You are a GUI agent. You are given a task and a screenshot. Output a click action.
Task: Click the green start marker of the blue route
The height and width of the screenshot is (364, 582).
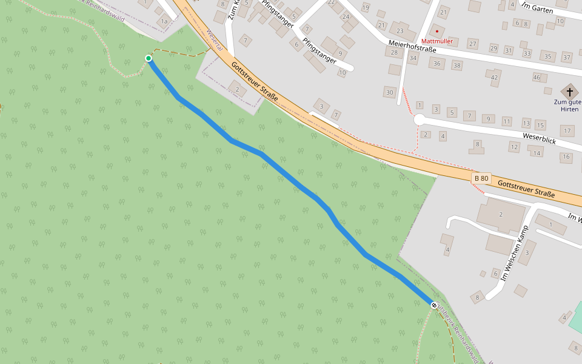click(x=149, y=58)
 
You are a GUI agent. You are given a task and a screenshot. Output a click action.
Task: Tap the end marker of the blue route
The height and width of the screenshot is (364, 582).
click(x=433, y=305)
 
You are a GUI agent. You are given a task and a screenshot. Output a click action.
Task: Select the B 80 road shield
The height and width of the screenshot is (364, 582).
click(x=481, y=178)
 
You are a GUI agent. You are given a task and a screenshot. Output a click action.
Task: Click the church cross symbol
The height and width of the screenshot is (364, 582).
click(x=569, y=92)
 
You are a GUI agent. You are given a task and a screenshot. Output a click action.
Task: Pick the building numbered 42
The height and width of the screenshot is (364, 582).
click(x=494, y=77)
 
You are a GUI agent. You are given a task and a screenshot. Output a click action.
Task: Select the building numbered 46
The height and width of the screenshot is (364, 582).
click(x=537, y=77)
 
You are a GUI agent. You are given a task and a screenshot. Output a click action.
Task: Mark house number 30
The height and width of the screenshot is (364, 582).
click(x=389, y=92)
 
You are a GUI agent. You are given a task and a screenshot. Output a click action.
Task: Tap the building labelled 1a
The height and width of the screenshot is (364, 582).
click(x=164, y=21)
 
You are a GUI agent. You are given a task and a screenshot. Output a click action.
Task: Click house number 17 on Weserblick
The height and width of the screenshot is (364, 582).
click(x=567, y=130)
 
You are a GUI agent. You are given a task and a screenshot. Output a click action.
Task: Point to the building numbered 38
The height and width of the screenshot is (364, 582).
click(x=457, y=66)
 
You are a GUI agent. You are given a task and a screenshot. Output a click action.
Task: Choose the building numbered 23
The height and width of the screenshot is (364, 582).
click(x=400, y=30)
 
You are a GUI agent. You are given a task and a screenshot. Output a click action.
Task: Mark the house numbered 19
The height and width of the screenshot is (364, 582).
click(x=365, y=8)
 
